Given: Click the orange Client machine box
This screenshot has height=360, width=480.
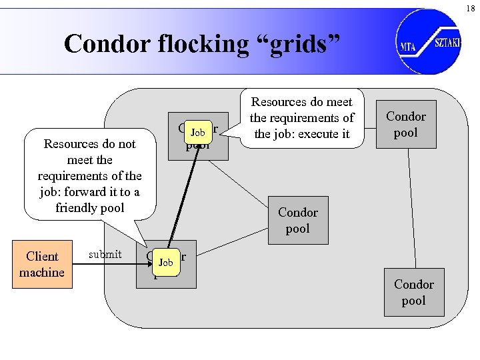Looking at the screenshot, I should [42, 265].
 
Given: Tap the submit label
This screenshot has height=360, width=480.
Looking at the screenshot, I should [105, 254].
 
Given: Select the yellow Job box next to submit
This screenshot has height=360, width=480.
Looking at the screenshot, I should [165, 263].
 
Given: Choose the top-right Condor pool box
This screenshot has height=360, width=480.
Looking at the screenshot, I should [405, 124].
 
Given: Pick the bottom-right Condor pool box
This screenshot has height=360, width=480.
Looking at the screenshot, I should [413, 292].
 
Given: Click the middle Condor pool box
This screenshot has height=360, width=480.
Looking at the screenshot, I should [297, 220].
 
